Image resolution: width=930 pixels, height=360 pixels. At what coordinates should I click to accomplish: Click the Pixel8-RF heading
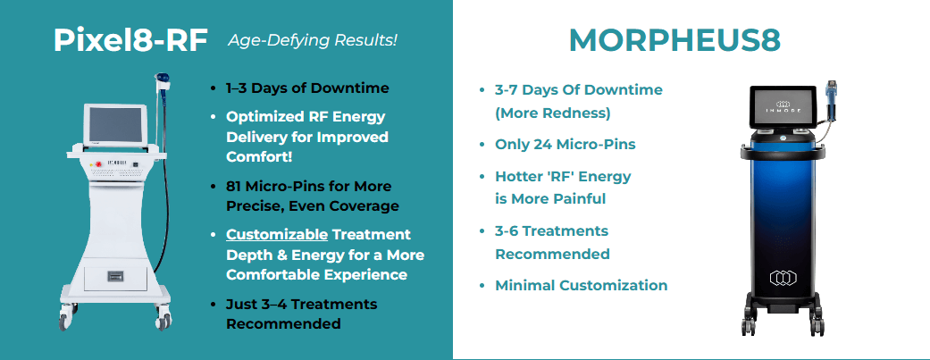coord(130,39)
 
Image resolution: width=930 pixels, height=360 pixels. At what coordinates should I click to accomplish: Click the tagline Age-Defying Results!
coord(313,40)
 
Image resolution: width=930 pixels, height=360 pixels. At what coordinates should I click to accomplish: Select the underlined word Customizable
coord(273,234)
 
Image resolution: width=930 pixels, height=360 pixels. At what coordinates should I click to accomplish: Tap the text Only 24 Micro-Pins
coord(566,144)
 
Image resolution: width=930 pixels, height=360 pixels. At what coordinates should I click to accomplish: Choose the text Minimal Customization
coord(581,286)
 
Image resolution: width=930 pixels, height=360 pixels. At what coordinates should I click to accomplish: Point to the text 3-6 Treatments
coord(551,231)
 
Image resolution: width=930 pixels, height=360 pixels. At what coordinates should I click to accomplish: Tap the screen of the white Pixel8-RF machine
coord(116,128)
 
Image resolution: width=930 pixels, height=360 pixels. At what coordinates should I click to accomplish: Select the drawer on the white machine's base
coord(115,278)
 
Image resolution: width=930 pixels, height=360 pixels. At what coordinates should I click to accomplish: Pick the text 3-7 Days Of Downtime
coord(578,90)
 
